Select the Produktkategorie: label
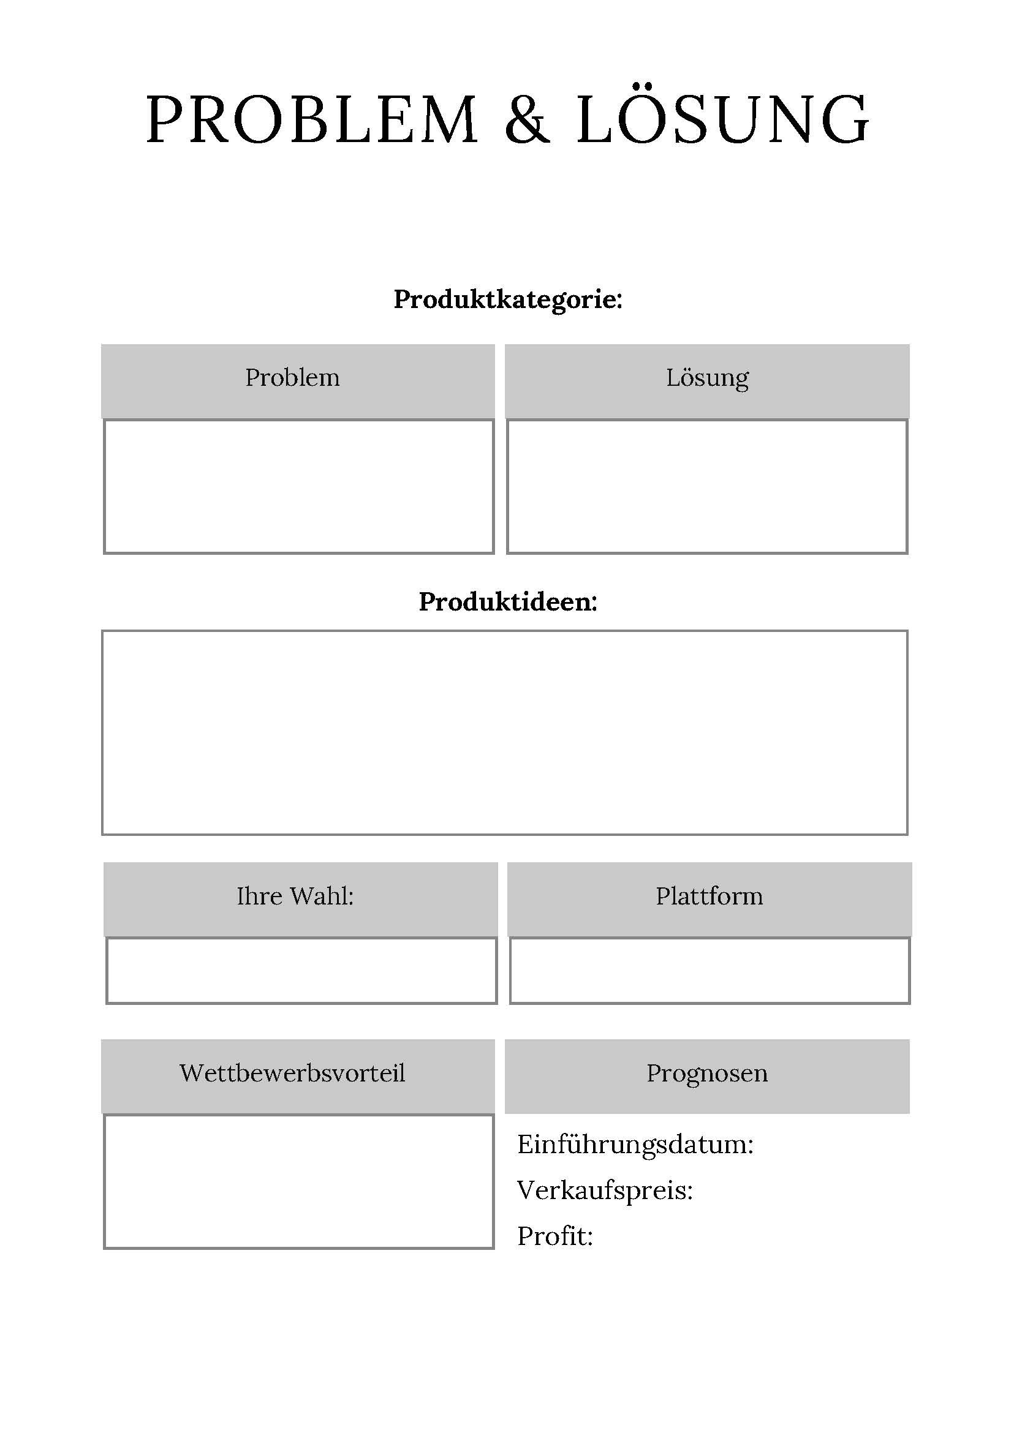[x=508, y=300]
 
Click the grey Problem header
[x=298, y=381]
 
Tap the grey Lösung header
[x=707, y=381]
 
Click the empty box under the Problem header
[x=298, y=486]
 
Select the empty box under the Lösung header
[x=707, y=486]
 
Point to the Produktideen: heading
[x=508, y=601]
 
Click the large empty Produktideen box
[x=504, y=732]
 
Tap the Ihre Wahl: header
[x=300, y=900]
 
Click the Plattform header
[x=709, y=900]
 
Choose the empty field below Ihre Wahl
[x=301, y=971]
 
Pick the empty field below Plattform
[x=710, y=971]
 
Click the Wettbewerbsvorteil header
[x=298, y=1076]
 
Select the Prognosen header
[x=707, y=1076]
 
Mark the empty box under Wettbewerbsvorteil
[x=298, y=1181]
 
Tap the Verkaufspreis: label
[x=605, y=1191]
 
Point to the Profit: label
[x=555, y=1236]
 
